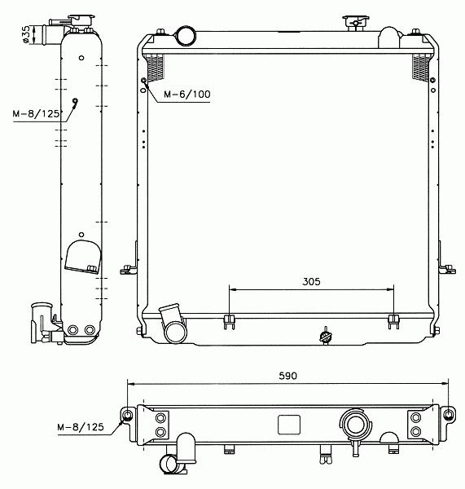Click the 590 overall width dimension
click(x=287, y=376)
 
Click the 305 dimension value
click(x=311, y=282)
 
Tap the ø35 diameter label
click(x=26, y=34)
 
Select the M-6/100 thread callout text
click(x=187, y=95)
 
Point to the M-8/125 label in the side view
click(x=36, y=113)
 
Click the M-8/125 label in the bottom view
click(x=81, y=427)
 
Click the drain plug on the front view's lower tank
click(x=326, y=336)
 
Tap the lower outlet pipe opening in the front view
click(x=176, y=333)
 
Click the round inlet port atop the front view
click(x=186, y=36)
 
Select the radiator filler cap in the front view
click(x=355, y=23)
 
